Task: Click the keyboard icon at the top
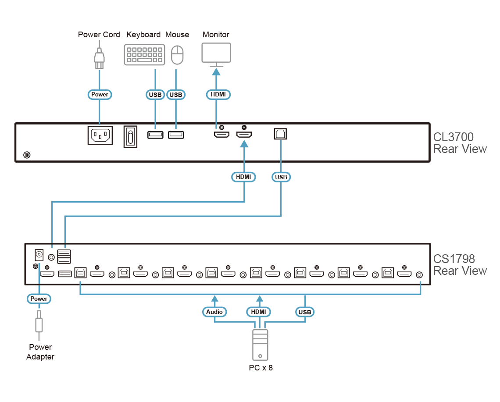[x=145, y=55]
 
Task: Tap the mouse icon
[x=177, y=56]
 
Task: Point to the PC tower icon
[x=261, y=345]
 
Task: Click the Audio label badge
[x=214, y=312]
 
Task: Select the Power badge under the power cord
[x=100, y=94]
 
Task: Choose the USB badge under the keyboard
[x=155, y=94]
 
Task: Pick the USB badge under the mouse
[x=176, y=94]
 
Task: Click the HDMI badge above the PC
[x=259, y=312]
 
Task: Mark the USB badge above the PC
[x=304, y=312]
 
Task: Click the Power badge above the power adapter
[x=39, y=299]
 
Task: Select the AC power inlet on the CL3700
[x=100, y=135]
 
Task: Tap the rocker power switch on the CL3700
[x=130, y=136]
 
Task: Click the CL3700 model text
[x=454, y=137]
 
